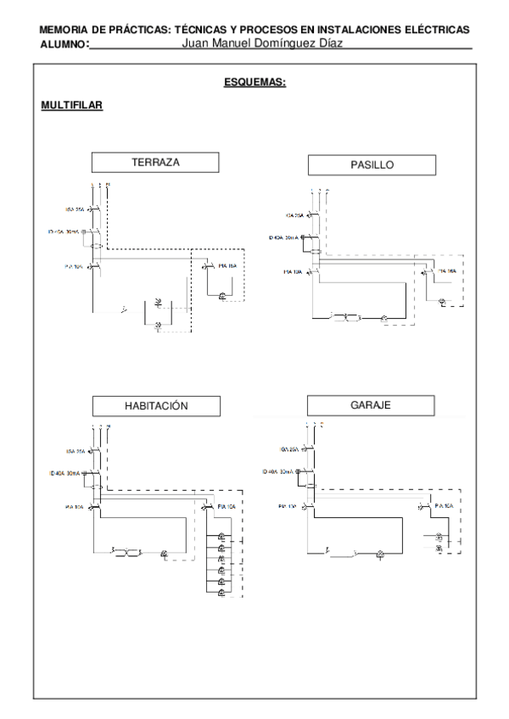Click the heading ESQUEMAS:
pos(254,83)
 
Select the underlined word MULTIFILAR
pos(72,106)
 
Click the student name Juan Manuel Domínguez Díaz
pos(261,42)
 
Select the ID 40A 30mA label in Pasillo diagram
pos(286,238)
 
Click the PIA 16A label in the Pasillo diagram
pos(445,271)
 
